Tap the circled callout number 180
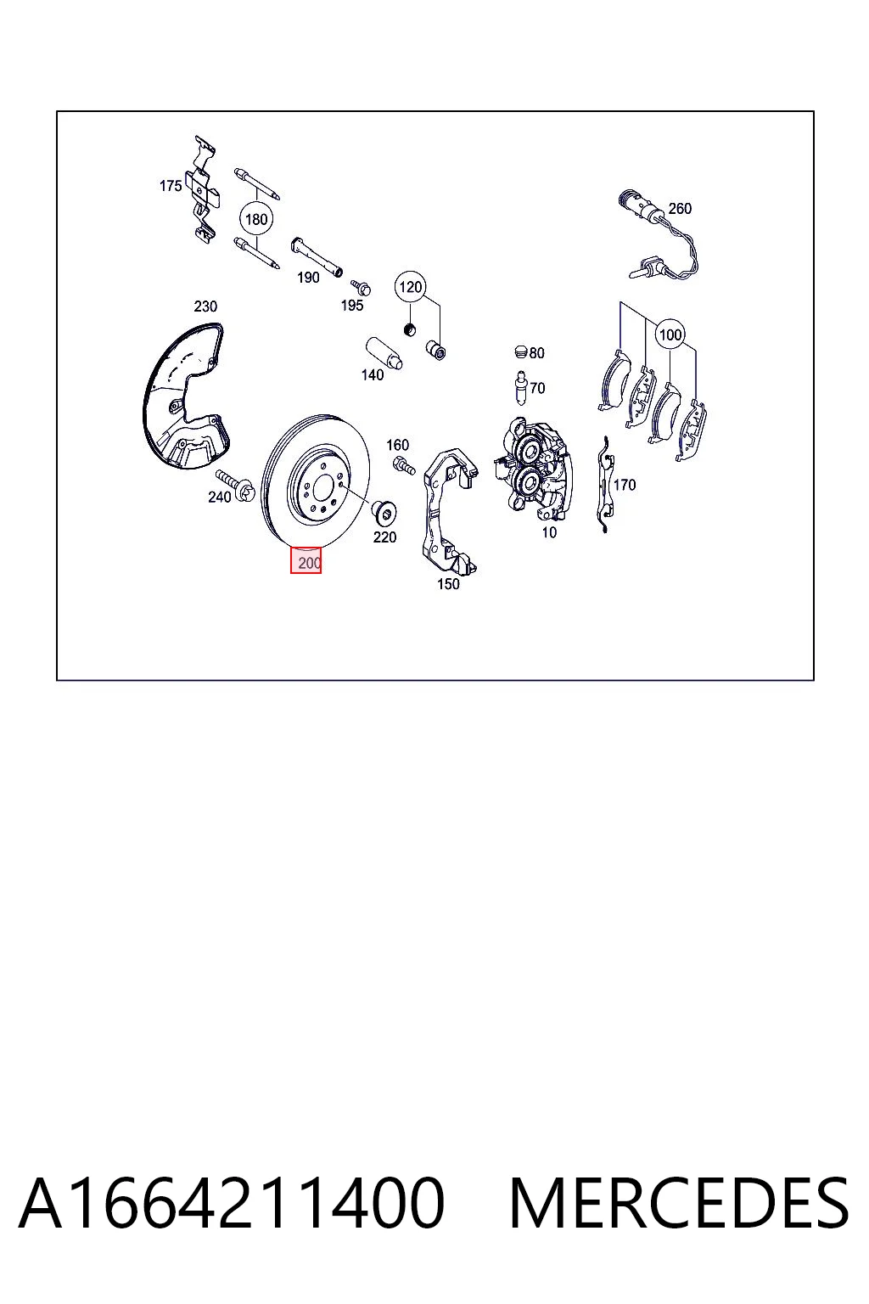pyautogui.click(x=256, y=220)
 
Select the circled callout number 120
pyautogui.click(x=411, y=287)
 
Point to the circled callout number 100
pyautogui.click(x=670, y=334)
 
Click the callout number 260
pyautogui.click(x=680, y=208)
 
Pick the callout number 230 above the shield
pyautogui.click(x=205, y=306)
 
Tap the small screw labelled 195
pyautogui.click(x=361, y=286)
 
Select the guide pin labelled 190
pyautogui.click(x=317, y=256)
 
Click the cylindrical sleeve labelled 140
pyautogui.click(x=384, y=353)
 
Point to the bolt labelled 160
pyautogui.click(x=403, y=464)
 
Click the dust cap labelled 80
pyautogui.click(x=521, y=351)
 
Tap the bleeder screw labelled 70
pyautogui.click(x=521, y=388)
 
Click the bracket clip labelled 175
pyautogui.click(x=203, y=188)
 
